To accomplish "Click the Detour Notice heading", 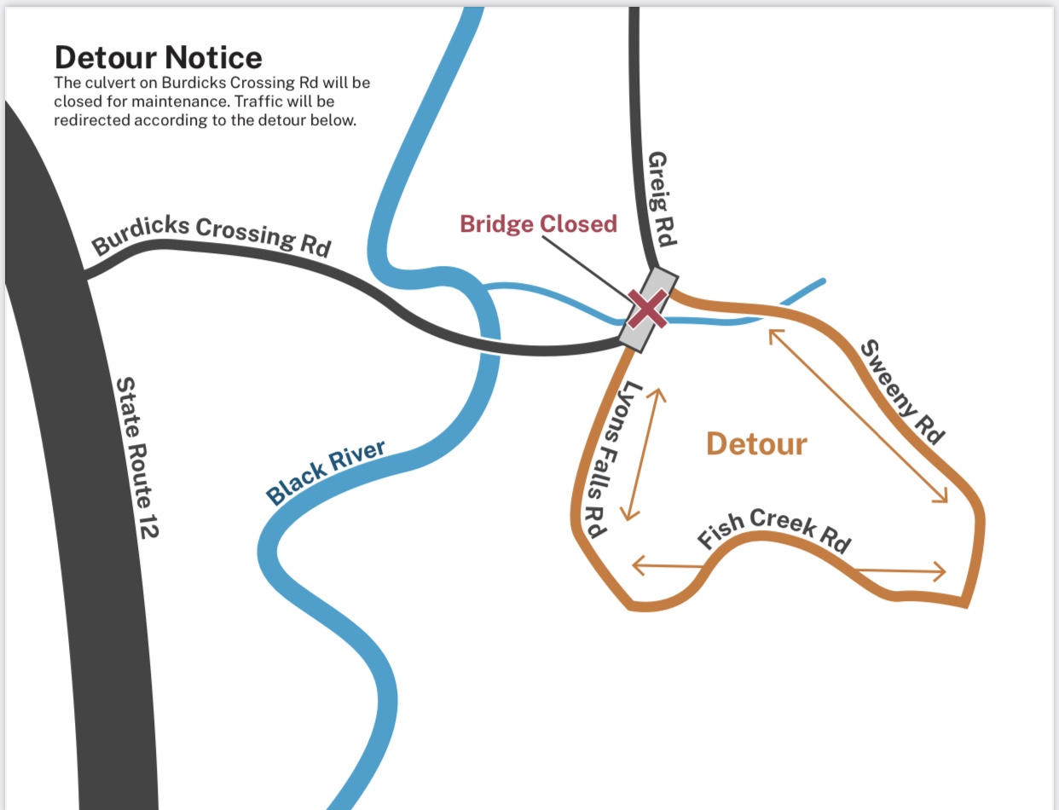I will pyautogui.click(x=159, y=58).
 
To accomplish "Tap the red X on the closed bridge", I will pyautogui.click(x=648, y=309).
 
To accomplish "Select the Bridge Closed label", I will pyautogui.click(x=538, y=224).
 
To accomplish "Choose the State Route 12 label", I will pyautogui.click(x=137, y=457).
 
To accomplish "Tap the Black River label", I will pyautogui.click(x=326, y=472).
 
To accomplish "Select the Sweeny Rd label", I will pyautogui.click(x=902, y=392).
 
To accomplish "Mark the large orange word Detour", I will pyautogui.click(x=756, y=444).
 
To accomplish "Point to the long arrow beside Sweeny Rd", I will pyautogui.click(x=858, y=415).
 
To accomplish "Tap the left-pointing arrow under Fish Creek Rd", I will pyautogui.click(x=667, y=564).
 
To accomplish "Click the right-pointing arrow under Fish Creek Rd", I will pyautogui.click(x=902, y=570).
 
